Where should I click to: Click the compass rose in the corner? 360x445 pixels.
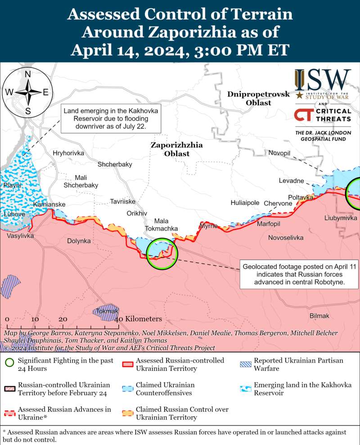27,93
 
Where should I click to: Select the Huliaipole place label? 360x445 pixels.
245,203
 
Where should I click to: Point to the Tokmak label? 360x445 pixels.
107,311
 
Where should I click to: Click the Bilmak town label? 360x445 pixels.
319,316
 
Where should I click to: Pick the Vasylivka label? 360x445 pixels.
20,236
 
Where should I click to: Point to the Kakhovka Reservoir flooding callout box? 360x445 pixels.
111,119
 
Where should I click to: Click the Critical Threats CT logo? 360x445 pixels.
304,115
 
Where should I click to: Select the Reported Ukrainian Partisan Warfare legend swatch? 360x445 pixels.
245,364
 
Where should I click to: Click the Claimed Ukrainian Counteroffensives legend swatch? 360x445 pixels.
127,389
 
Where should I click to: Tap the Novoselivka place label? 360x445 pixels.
285,237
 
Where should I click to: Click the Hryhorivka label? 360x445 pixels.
68,153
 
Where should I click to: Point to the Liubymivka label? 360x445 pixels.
341,218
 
